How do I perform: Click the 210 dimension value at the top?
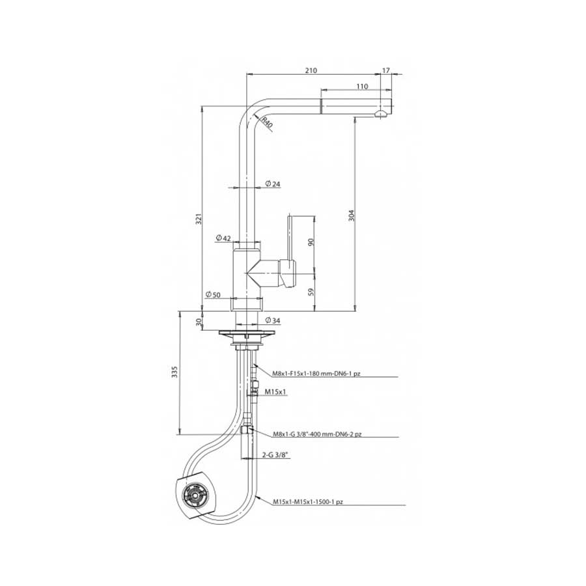(311, 70)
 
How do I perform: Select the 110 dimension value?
(362, 86)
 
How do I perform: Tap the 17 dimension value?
(386, 70)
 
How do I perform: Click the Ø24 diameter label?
(273, 185)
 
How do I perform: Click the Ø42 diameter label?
(223, 238)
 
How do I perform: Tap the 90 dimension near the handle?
(311, 242)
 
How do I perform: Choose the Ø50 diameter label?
(212, 295)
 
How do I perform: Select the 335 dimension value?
(173, 372)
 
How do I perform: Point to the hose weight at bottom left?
(193, 493)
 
